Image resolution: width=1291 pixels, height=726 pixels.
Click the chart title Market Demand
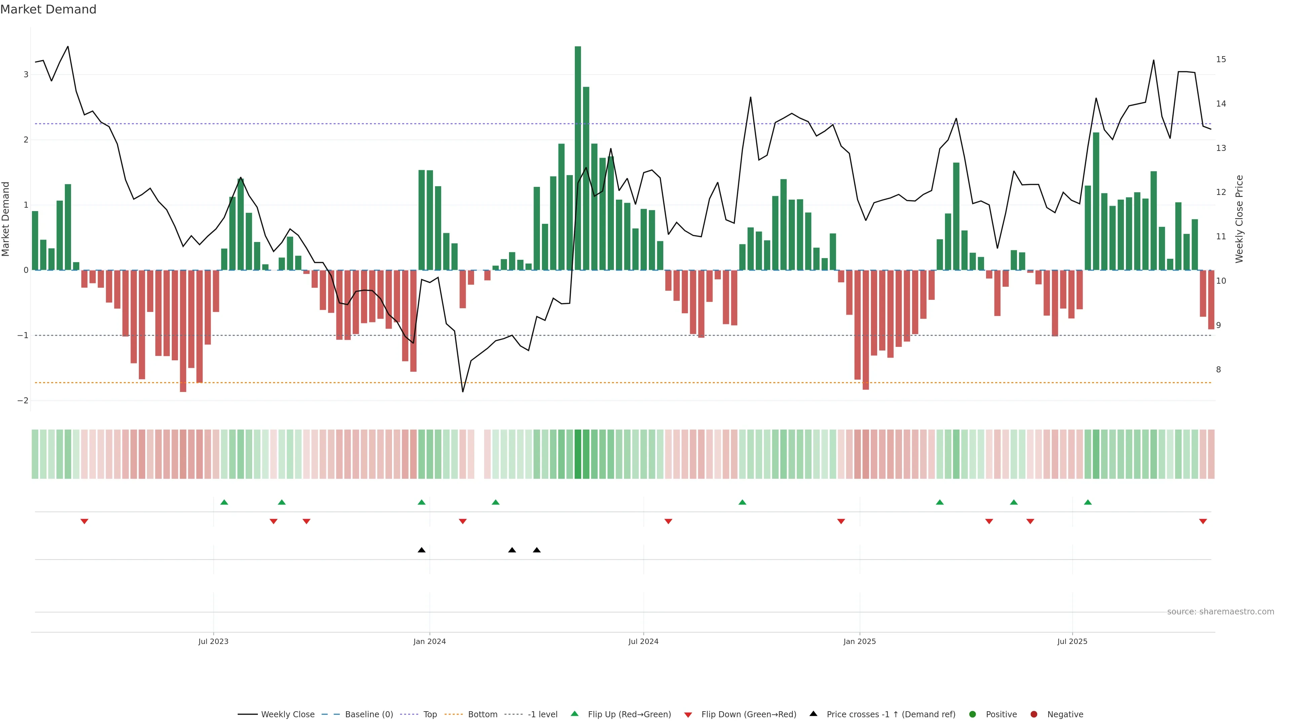point(48,9)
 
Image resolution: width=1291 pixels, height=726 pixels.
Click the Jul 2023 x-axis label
point(213,641)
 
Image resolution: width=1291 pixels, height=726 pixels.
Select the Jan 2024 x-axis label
point(430,641)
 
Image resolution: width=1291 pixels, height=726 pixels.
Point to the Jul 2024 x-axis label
point(643,641)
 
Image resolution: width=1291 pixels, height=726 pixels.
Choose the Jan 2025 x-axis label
point(860,641)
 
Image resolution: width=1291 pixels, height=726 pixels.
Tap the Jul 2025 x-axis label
point(1072,641)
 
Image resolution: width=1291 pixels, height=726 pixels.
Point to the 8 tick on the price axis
point(1218,370)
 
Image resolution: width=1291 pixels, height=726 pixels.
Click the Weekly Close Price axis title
point(1239,219)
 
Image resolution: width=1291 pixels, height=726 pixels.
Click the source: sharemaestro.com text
point(1220,612)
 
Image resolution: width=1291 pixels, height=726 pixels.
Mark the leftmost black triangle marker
point(422,550)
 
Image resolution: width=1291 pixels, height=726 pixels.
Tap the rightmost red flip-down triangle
point(1203,522)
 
